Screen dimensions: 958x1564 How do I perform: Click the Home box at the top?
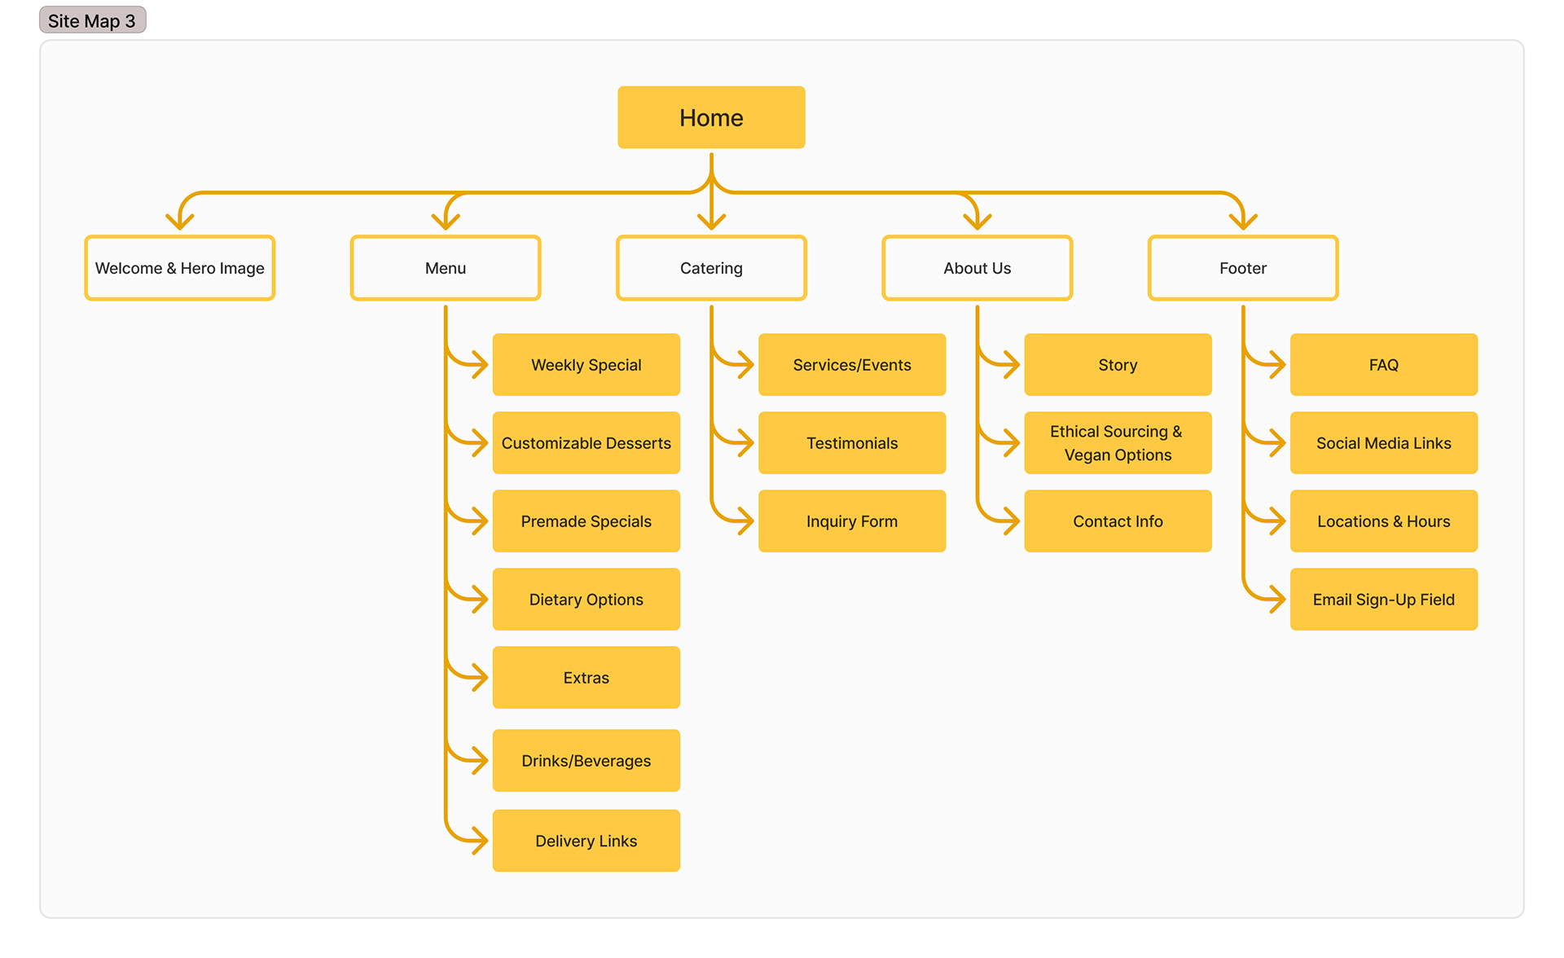pyautogui.click(x=711, y=117)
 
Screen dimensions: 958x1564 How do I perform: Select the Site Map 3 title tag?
pyautogui.click(x=92, y=20)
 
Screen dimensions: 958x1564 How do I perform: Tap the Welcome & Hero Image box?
pyautogui.click(x=179, y=268)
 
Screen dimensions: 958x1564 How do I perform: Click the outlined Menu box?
pyautogui.click(x=446, y=268)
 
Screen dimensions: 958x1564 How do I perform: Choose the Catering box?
pyautogui.click(x=711, y=268)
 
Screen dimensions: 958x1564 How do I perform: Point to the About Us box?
pyautogui.click(x=977, y=268)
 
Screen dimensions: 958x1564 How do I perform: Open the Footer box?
pyautogui.click(x=1242, y=268)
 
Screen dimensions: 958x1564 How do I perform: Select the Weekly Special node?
pyautogui.click(x=586, y=365)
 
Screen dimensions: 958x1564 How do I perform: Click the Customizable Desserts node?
pyautogui.click(x=586, y=443)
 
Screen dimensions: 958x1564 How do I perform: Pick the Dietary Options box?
pyautogui.click(x=586, y=600)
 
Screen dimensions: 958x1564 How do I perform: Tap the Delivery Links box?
pyautogui.click(x=586, y=841)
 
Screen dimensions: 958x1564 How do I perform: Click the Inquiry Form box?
pyautogui.click(x=851, y=521)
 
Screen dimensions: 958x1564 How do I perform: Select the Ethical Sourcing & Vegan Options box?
pyautogui.click(x=1117, y=443)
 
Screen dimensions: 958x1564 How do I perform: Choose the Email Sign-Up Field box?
pyautogui.click(x=1383, y=600)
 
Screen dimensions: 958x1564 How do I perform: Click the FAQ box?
pyautogui.click(x=1383, y=365)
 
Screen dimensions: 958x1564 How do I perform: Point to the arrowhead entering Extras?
pyautogui.click(x=481, y=678)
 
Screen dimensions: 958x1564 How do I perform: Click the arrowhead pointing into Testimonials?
pyautogui.click(x=747, y=443)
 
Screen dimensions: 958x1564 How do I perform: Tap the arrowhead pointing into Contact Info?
pyautogui.click(x=1013, y=521)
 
